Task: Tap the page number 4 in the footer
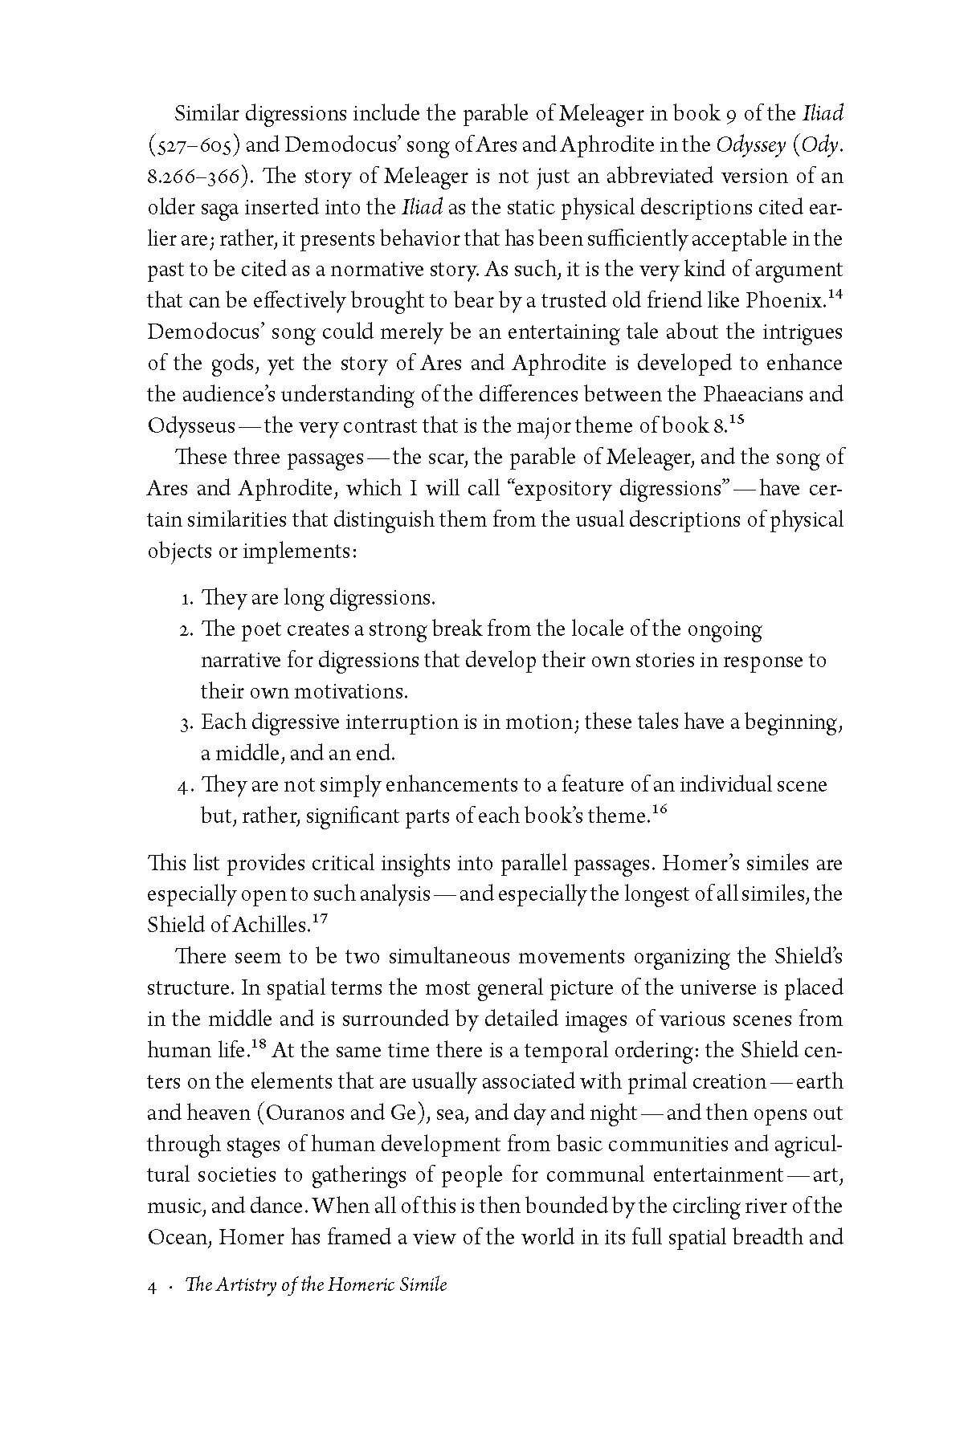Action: tap(152, 1285)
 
